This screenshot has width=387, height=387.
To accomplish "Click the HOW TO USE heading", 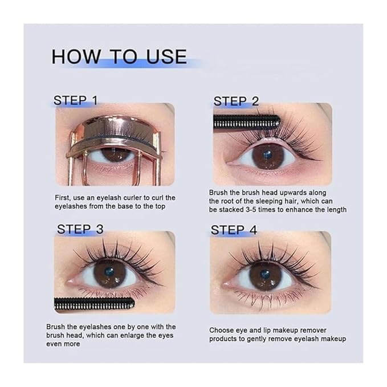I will click(x=119, y=56).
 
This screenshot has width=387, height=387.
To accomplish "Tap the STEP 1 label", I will click(x=76, y=100).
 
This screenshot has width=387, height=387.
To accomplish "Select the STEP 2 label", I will click(x=236, y=101).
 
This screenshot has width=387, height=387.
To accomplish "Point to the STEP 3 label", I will click(x=80, y=229).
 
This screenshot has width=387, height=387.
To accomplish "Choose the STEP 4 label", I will click(x=234, y=230).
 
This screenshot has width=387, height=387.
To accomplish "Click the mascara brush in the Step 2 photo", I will click(x=246, y=121).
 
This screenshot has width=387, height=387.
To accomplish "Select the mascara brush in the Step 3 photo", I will click(x=94, y=304).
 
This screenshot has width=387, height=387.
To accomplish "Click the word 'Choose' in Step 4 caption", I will click(x=221, y=330).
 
